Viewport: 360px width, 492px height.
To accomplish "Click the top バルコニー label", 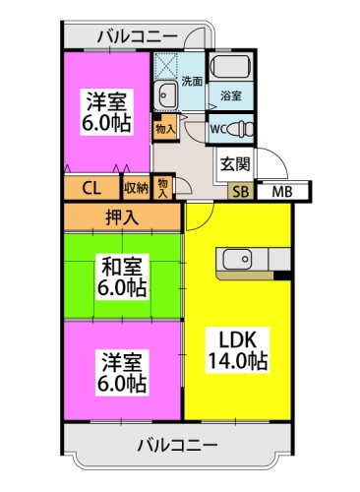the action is pyautogui.click(x=138, y=37).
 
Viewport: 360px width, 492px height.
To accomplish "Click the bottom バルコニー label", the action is pyautogui.click(x=177, y=446).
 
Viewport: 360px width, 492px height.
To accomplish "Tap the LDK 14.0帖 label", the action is pyautogui.click(x=237, y=348).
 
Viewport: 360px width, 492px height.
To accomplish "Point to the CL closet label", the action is pyautogui.click(x=90, y=188).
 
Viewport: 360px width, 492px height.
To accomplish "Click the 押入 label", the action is pyautogui.click(x=123, y=216).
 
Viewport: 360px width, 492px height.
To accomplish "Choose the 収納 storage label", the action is pyautogui.click(x=136, y=188).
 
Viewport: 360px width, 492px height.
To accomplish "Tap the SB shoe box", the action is pyautogui.click(x=240, y=191).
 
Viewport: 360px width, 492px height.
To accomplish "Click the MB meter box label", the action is pyautogui.click(x=282, y=191).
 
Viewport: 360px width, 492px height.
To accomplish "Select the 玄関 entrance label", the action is pyautogui.click(x=234, y=162).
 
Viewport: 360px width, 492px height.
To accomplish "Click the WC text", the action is pyautogui.click(x=220, y=128).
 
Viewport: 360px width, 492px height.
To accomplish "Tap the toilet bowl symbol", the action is pyautogui.click(x=244, y=128).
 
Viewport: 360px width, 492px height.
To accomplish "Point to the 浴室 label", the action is pyautogui.click(x=231, y=95).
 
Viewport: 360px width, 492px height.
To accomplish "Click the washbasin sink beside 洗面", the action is pyautogui.click(x=164, y=95).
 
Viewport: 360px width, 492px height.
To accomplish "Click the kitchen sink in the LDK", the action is pyautogui.click(x=237, y=259).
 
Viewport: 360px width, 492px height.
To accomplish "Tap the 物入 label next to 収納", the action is pyautogui.click(x=163, y=186).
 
